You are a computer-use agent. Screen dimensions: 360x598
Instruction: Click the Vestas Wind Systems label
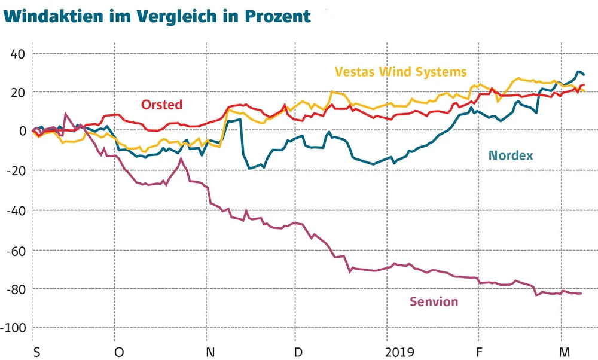pyautogui.click(x=400, y=72)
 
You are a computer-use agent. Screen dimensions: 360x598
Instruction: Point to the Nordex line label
pyautogui.click(x=511, y=155)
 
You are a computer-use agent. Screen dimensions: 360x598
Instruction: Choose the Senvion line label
pyautogui.click(x=434, y=302)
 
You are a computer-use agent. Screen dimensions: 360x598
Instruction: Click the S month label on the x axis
pyautogui.click(x=37, y=351)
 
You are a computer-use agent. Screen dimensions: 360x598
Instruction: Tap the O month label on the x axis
pyautogui.click(x=119, y=351)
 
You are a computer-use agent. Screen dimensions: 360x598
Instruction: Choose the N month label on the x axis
pyautogui.click(x=210, y=351)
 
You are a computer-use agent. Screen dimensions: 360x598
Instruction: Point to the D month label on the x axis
pyautogui.click(x=298, y=351)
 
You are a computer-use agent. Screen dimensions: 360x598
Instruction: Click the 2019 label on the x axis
pyautogui.click(x=400, y=351)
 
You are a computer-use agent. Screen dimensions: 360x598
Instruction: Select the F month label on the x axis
pyautogui.click(x=479, y=351)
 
